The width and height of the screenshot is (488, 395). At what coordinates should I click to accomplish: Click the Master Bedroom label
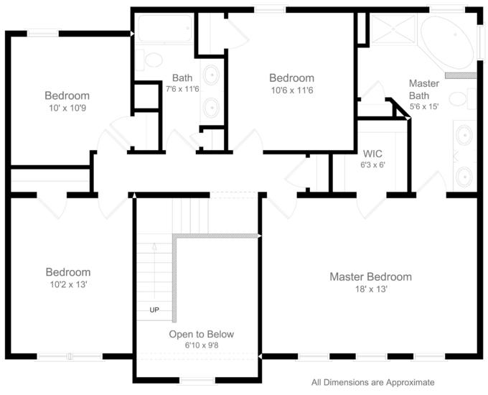pyautogui.click(x=371, y=276)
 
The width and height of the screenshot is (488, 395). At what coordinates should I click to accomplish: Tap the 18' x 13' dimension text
pyautogui.click(x=371, y=289)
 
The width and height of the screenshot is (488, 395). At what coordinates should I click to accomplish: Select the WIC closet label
pyautogui.click(x=372, y=154)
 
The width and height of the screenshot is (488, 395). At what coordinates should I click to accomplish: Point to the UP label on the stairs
pyautogui.click(x=154, y=310)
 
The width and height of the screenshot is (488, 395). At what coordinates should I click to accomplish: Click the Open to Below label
pyautogui.click(x=202, y=334)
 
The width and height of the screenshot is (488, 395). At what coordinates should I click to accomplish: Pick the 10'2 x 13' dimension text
pyautogui.click(x=68, y=284)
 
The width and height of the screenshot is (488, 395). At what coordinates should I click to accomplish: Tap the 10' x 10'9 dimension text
pyautogui.click(x=67, y=108)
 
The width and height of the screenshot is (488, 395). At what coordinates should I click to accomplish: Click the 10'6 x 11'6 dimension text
pyautogui.click(x=292, y=90)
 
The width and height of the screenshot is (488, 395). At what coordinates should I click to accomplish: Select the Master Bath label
pyautogui.click(x=424, y=89)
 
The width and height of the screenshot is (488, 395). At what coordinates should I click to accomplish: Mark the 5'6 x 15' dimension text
pyautogui.click(x=424, y=106)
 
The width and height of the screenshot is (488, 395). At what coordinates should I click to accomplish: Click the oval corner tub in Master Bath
pyautogui.click(x=447, y=42)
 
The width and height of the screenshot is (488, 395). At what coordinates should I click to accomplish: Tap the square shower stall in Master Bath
pyautogui.click(x=393, y=29)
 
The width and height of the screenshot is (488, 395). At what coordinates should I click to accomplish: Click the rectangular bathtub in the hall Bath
pyautogui.click(x=165, y=29)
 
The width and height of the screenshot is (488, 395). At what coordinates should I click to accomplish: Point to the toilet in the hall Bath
pyautogui.click(x=149, y=60)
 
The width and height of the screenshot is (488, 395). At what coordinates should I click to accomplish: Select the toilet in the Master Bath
pyautogui.click(x=462, y=98)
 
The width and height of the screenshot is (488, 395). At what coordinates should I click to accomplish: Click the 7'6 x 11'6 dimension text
pyautogui.click(x=182, y=89)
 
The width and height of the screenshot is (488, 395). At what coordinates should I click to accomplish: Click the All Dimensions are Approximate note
pyautogui.click(x=373, y=382)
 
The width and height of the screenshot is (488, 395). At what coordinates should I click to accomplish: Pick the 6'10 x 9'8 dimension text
pyautogui.click(x=202, y=345)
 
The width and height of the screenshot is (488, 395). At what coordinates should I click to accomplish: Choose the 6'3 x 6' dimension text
pyautogui.click(x=373, y=164)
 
